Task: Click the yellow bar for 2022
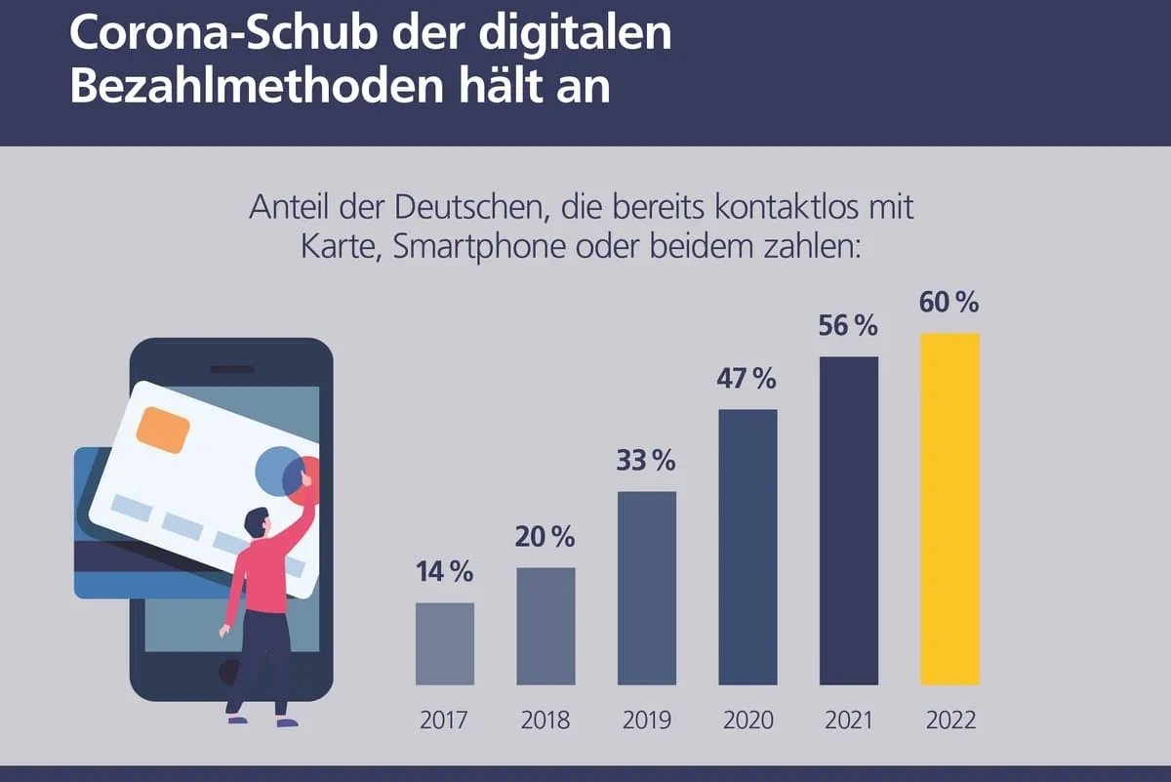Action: [x=949, y=509]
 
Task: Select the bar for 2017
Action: [x=445, y=643]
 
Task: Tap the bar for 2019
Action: [x=646, y=588]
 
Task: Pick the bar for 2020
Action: [x=747, y=547]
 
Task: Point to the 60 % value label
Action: [x=949, y=303]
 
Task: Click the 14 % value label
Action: [x=444, y=572]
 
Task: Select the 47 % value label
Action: [x=747, y=379]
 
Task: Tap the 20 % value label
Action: [x=545, y=536]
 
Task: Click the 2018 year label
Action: [x=545, y=720]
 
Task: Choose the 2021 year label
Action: [x=848, y=720]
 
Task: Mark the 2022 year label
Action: [x=949, y=720]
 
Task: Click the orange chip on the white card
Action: [x=163, y=430]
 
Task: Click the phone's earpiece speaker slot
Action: [x=231, y=369]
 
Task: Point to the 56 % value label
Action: [x=848, y=326]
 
